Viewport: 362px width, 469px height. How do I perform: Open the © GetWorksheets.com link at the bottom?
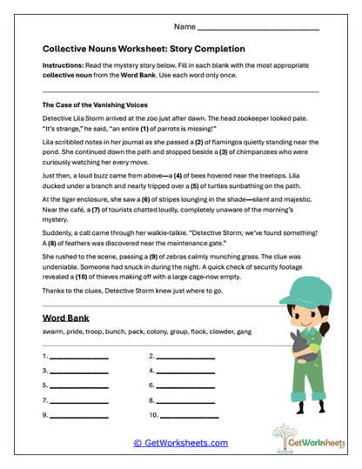click(180, 443)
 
